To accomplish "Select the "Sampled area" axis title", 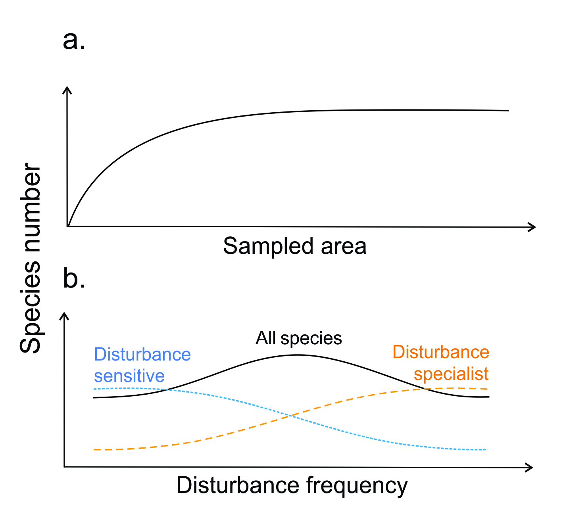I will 294,246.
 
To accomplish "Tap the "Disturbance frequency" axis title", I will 292,486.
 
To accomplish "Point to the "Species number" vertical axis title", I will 31,258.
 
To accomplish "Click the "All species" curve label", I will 298,338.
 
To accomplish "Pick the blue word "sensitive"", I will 129,376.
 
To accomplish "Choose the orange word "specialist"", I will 451,374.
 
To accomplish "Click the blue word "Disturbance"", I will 142,354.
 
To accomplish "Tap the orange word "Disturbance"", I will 441,352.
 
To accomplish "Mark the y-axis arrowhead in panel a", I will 67,89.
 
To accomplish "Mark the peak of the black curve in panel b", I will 297,355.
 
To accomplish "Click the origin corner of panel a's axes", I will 68,226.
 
